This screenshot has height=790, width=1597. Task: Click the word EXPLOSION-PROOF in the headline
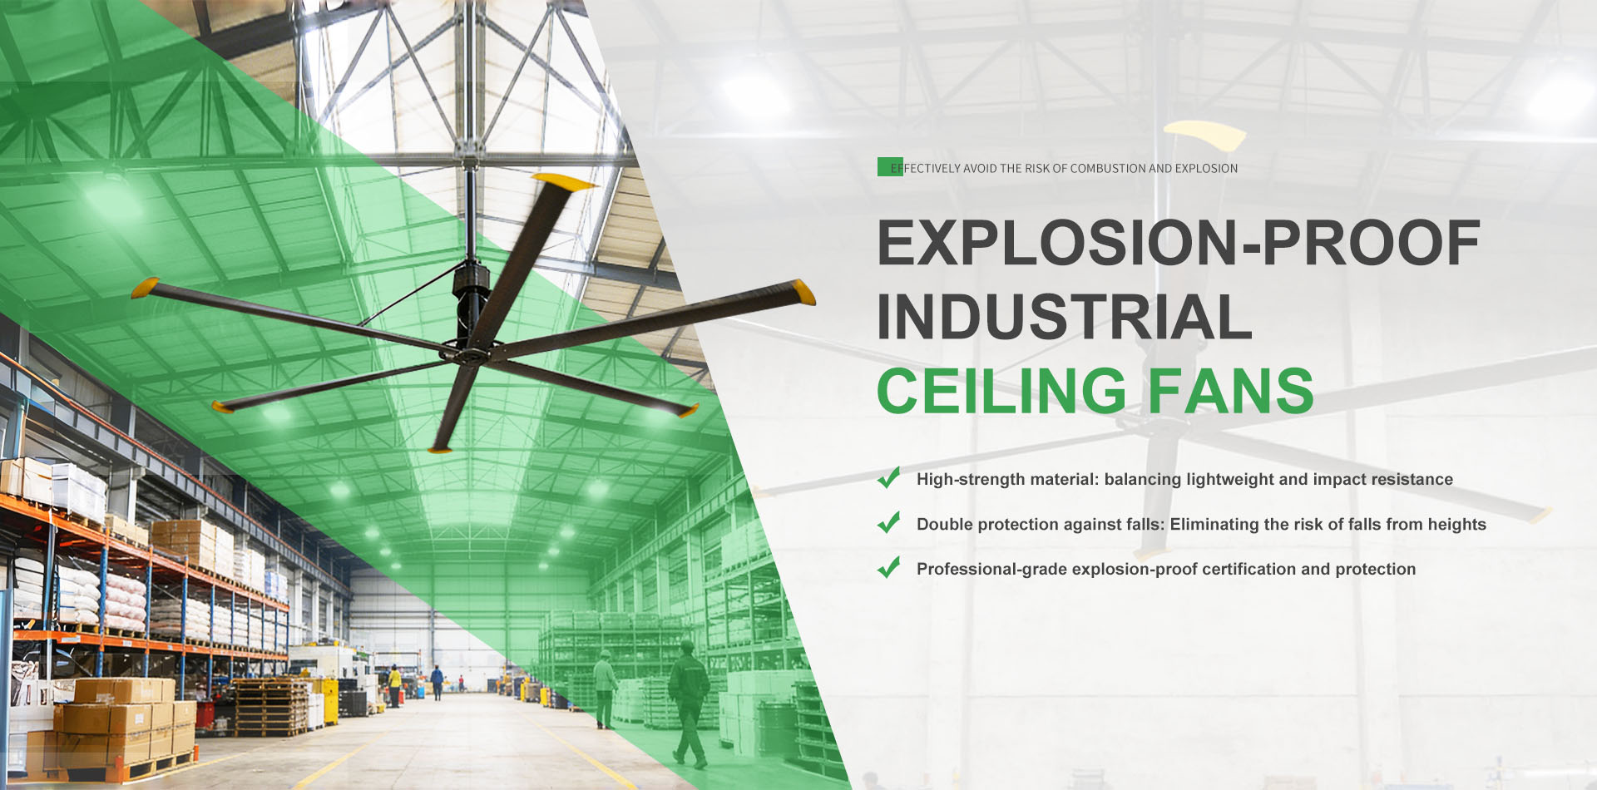[1178, 243]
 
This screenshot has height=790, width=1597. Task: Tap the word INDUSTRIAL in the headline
[1064, 317]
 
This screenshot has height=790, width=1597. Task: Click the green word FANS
[1230, 391]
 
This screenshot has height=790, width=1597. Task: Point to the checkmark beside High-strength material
[889, 478]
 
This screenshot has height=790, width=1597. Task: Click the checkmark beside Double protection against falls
[889, 523]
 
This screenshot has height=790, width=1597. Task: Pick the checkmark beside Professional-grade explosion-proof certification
[889, 568]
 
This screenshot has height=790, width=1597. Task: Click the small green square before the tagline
[887, 166]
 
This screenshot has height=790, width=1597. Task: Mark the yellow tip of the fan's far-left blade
[145, 287]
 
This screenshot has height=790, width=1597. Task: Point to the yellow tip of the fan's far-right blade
[803, 292]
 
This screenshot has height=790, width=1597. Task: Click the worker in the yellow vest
[395, 684]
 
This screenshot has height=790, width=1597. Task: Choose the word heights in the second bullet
[1456, 524]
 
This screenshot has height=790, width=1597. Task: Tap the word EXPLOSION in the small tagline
[1206, 169]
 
